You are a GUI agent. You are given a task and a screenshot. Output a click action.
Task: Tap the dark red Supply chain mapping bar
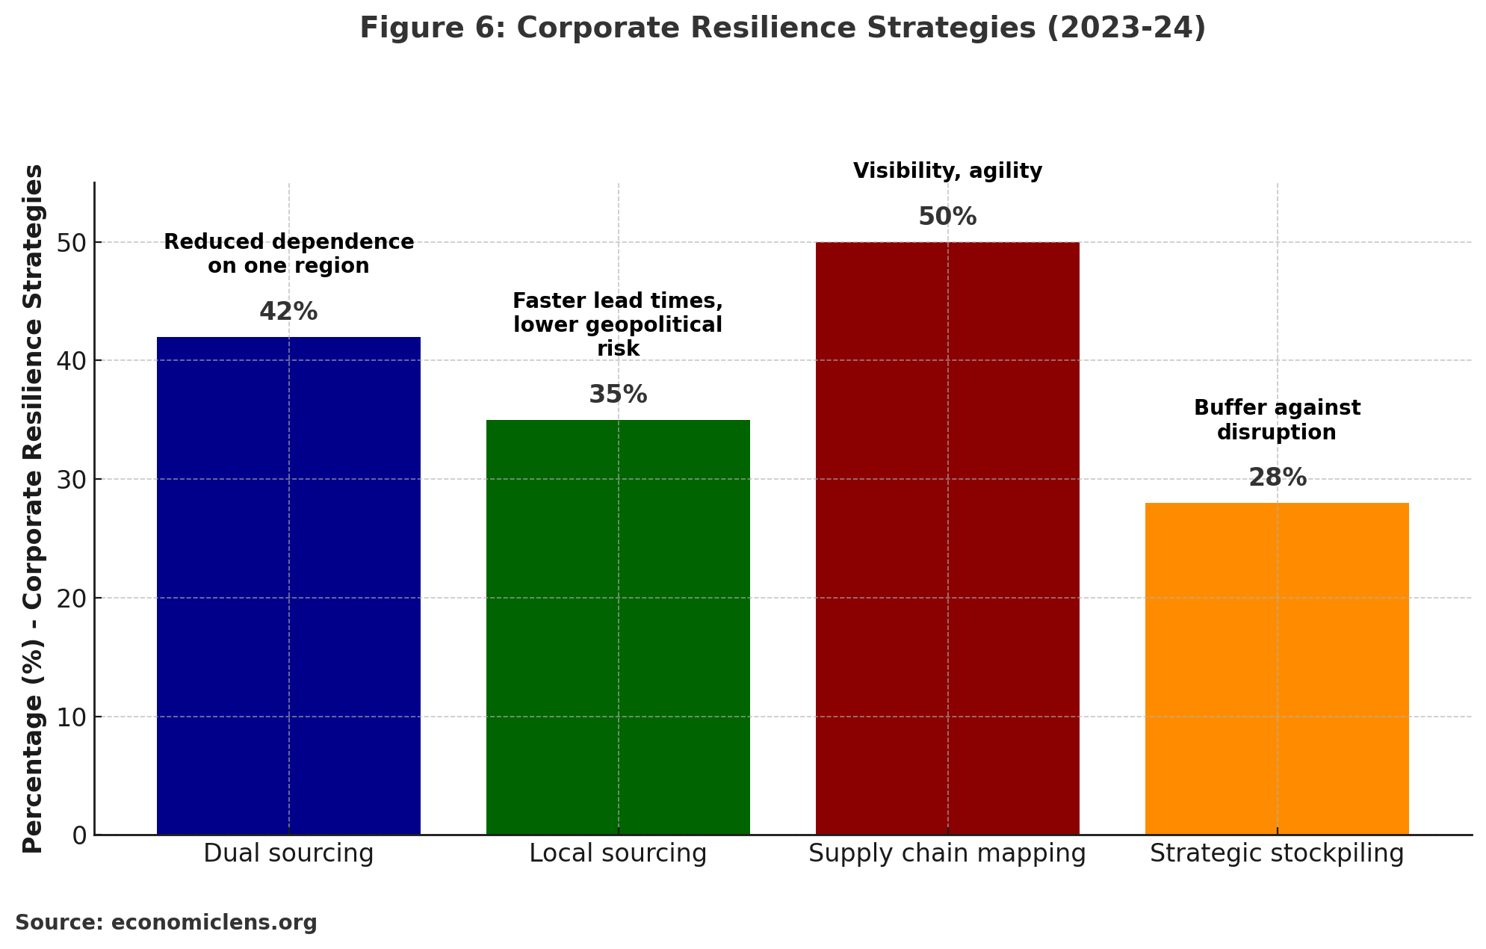[947, 538]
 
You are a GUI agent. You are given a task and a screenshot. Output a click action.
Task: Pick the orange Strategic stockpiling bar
[1277, 668]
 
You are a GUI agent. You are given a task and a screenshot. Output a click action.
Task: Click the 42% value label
[288, 312]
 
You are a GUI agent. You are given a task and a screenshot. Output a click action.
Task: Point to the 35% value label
[618, 395]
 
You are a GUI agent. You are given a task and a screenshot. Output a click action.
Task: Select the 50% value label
[947, 217]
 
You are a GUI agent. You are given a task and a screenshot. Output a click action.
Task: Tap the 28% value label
[1278, 478]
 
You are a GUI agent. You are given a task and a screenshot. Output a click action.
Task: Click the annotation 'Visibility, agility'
[947, 171]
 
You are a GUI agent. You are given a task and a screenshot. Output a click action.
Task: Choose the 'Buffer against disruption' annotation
[1277, 420]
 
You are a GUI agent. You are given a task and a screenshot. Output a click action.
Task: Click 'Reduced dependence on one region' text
[288, 254]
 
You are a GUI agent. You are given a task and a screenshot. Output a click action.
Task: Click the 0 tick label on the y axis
[79, 835]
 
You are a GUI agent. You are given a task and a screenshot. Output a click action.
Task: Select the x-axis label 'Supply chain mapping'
[947, 853]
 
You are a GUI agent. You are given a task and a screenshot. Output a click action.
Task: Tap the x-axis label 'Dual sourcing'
[288, 853]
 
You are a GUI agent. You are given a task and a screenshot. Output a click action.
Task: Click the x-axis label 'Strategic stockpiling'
[1277, 853]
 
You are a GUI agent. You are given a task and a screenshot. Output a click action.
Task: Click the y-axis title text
[33, 508]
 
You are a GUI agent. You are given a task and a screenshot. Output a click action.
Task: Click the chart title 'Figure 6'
[782, 28]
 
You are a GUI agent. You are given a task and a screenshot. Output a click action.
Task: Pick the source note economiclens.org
[166, 923]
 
